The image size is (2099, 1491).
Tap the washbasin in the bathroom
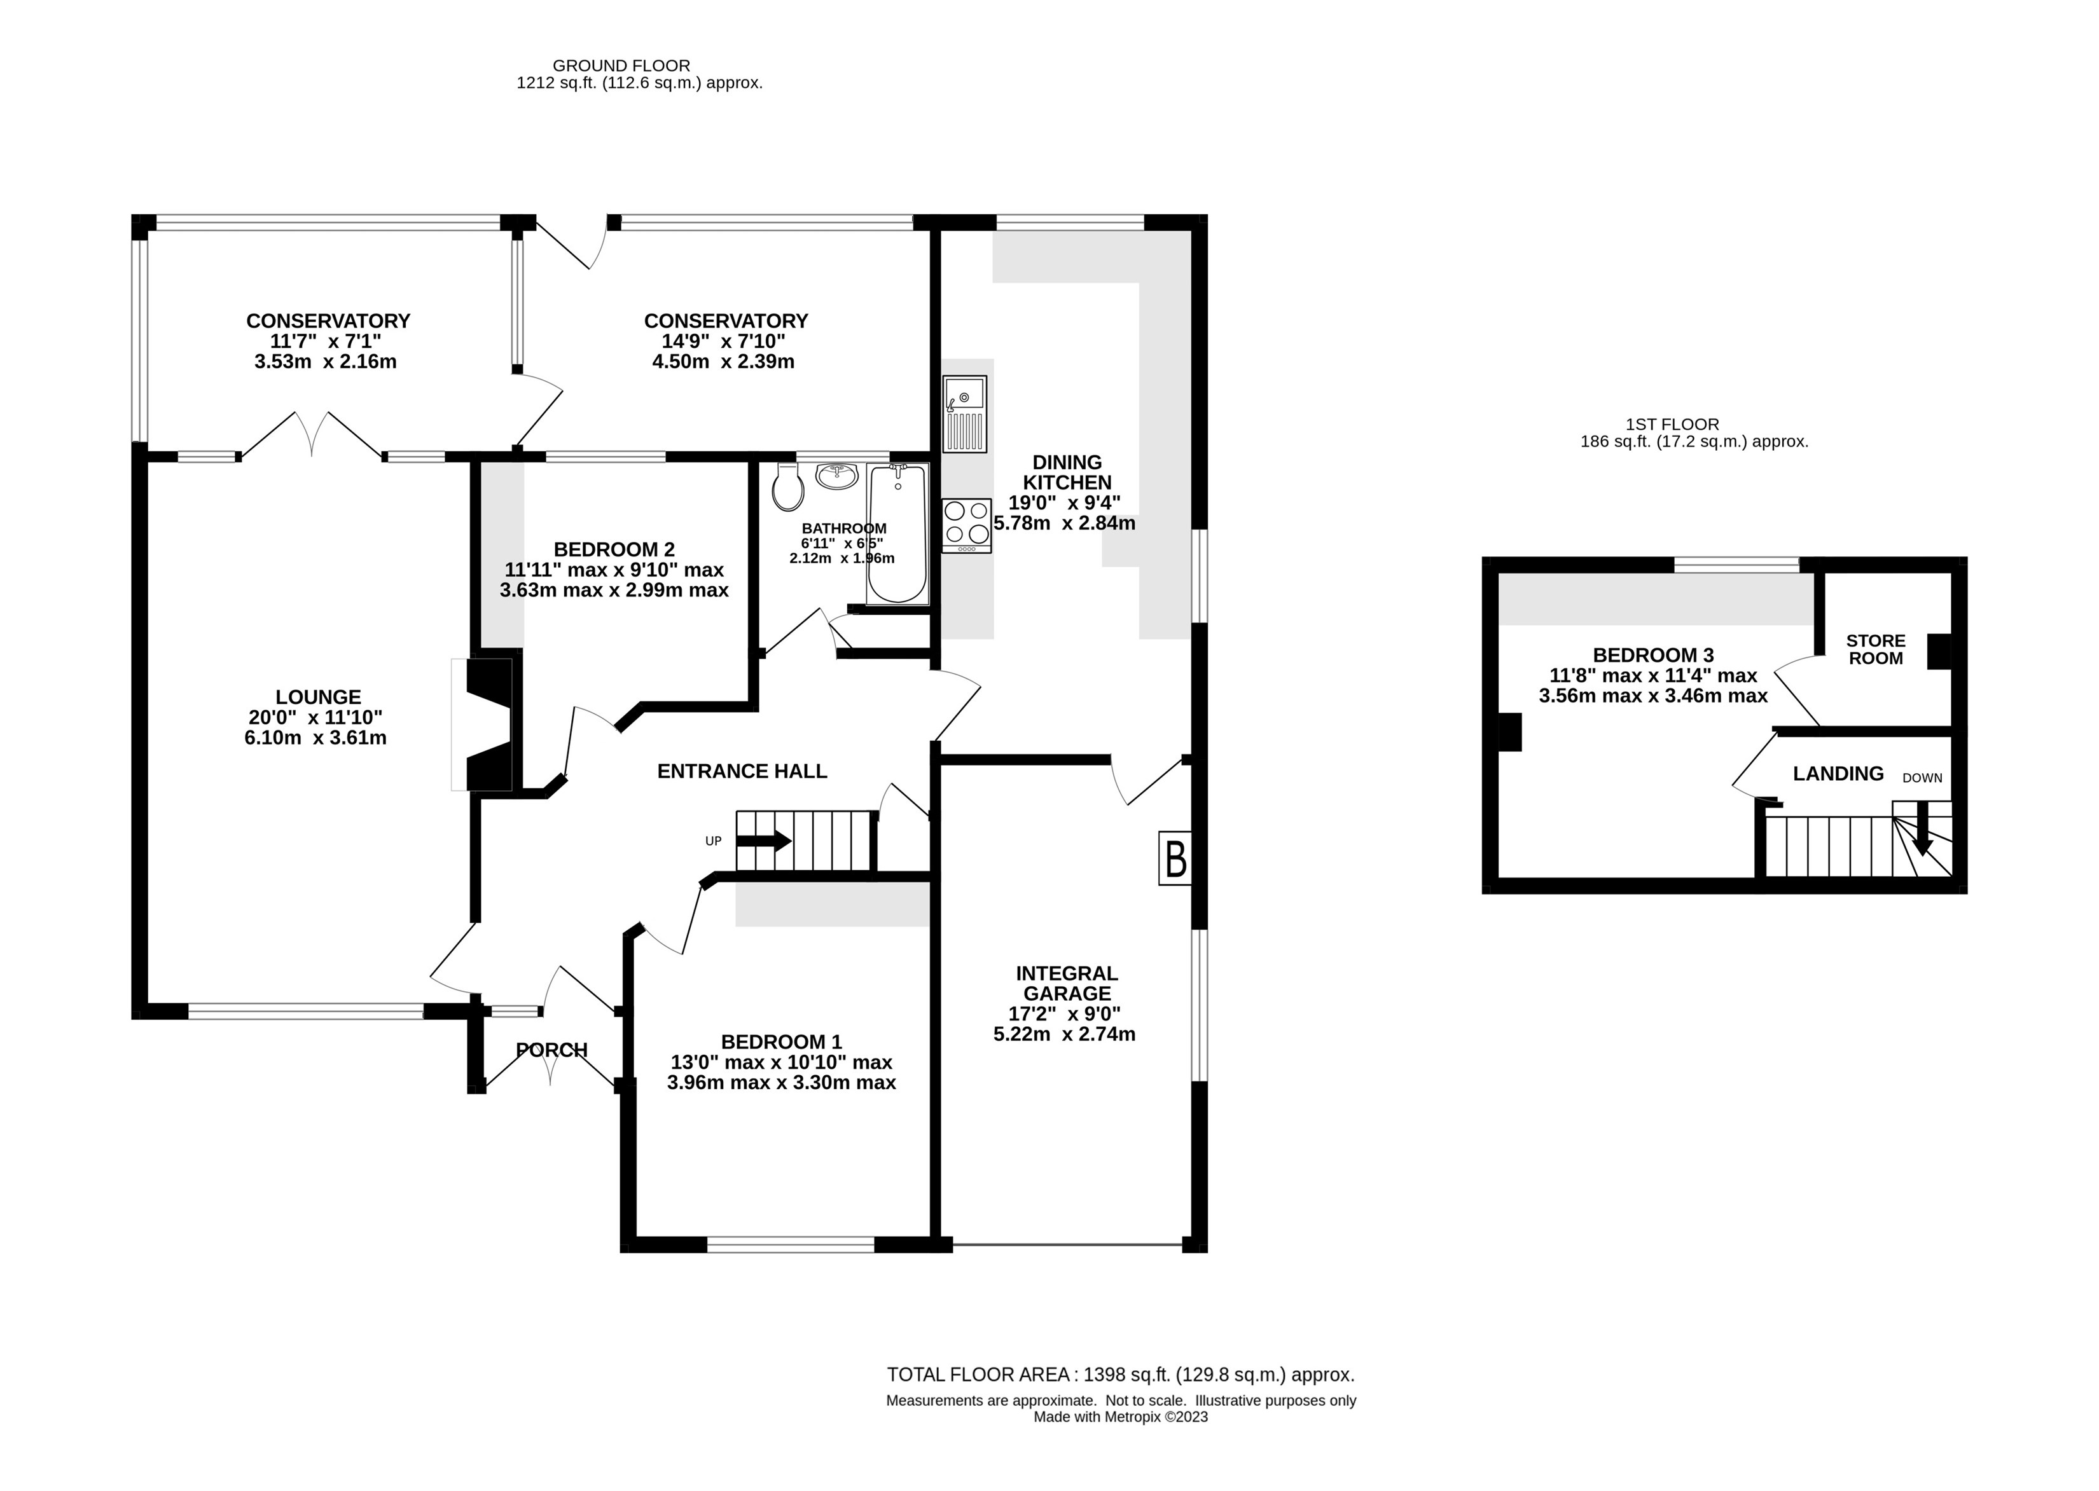point(836,475)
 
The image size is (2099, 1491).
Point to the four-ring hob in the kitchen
point(967,525)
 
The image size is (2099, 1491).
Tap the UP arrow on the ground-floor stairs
point(764,840)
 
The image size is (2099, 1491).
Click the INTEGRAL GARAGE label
point(1067,983)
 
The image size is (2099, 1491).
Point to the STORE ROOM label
point(1876,649)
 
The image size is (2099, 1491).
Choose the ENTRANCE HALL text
point(742,771)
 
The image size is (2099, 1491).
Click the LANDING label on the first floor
point(1838,774)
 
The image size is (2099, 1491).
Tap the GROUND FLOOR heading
point(621,66)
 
